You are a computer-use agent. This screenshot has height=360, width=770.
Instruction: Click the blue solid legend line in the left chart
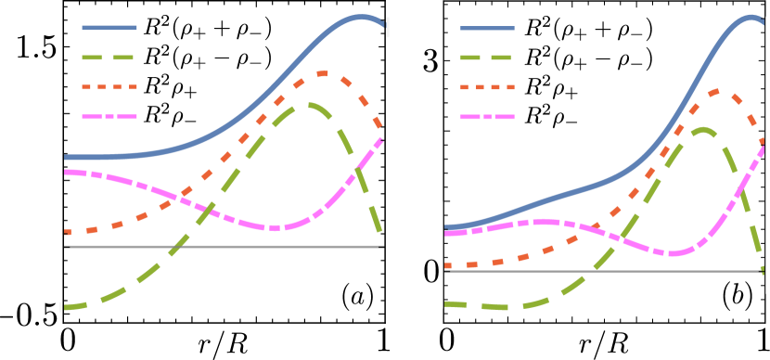click(x=109, y=28)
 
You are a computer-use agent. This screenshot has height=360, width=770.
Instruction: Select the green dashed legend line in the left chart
click(x=109, y=58)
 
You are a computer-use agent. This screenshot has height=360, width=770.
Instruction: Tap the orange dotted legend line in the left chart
click(x=109, y=87)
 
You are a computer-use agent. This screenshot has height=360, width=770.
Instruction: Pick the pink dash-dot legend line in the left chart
click(x=109, y=117)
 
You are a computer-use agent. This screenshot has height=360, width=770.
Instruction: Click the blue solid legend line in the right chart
click(x=488, y=28)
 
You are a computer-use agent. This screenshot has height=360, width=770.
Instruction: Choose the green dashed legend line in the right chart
click(x=488, y=58)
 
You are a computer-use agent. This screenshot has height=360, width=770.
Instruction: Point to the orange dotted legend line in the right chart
click(x=488, y=87)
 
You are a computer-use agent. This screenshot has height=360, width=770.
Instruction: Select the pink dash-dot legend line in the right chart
click(x=488, y=117)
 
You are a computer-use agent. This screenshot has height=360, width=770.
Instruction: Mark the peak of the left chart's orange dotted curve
click(x=322, y=72)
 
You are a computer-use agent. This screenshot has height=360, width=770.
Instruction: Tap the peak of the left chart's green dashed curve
click(x=309, y=105)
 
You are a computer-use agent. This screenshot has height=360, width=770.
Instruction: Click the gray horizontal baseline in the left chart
click(x=223, y=247)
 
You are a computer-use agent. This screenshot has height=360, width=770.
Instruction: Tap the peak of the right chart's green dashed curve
click(x=703, y=130)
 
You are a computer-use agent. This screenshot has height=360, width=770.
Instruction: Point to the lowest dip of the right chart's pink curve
click(x=673, y=253)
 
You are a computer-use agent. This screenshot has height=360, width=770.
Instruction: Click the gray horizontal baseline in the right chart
click(x=603, y=271)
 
